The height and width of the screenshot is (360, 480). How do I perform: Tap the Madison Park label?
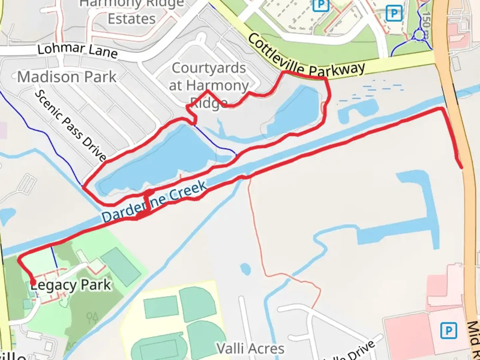click(x=67, y=77)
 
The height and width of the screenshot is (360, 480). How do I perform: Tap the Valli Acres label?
click(x=251, y=349)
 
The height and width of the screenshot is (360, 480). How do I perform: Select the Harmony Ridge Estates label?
click(x=132, y=12)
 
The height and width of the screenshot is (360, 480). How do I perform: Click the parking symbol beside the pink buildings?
click(x=448, y=331)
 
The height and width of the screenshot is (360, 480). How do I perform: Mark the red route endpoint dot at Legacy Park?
click(x=33, y=283)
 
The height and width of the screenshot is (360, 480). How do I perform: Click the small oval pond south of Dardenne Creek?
click(x=245, y=269)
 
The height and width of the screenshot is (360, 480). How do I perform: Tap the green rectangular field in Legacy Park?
click(x=121, y=265)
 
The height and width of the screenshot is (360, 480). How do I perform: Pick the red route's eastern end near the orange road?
click(x=461, y=167)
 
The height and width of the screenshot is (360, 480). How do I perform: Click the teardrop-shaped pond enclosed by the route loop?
click(x=295, y=110)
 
